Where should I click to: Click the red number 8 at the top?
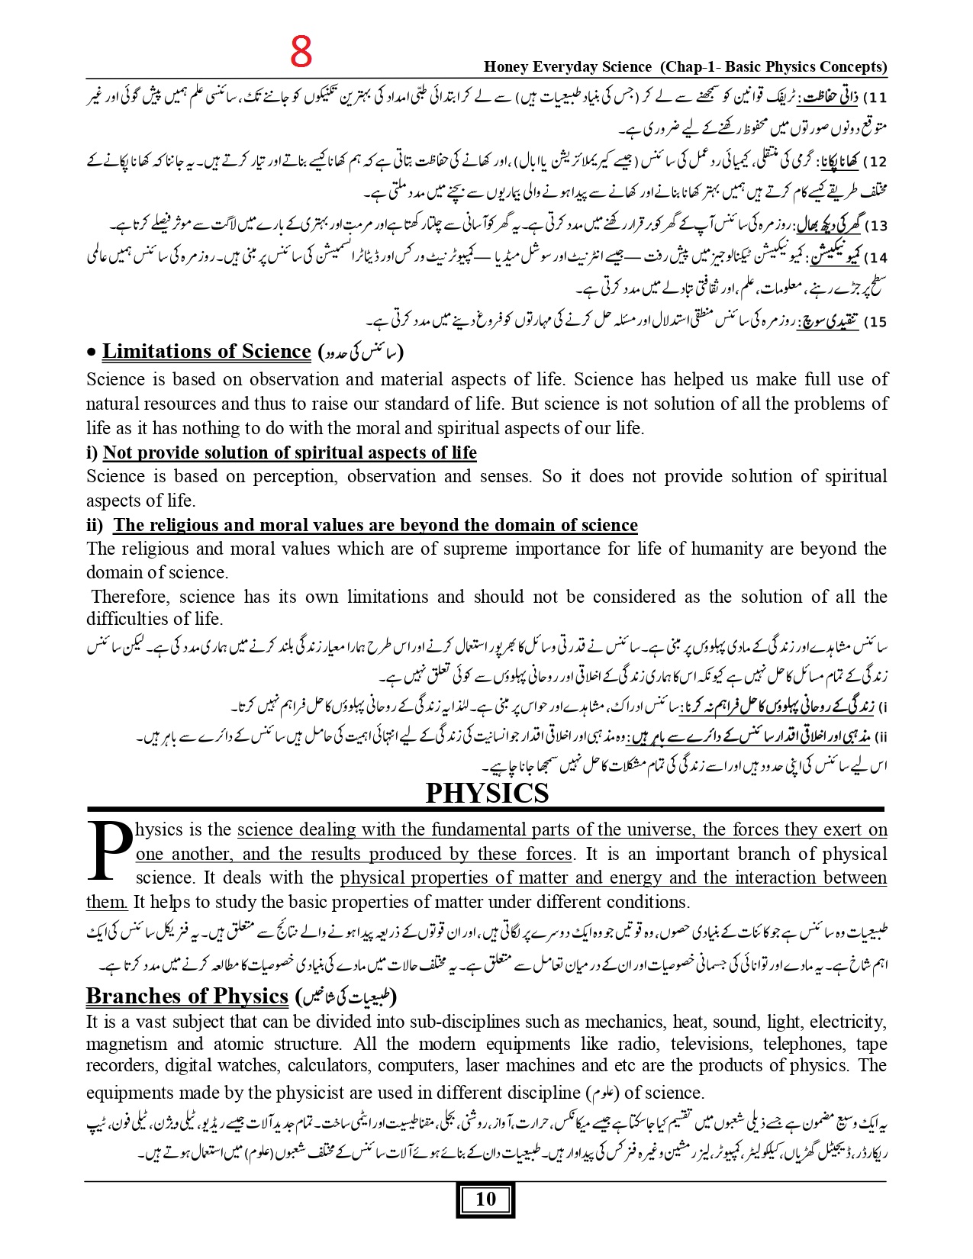click(301, 53)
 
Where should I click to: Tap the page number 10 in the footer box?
click(485, 1199)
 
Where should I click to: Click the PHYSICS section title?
click(487, 794)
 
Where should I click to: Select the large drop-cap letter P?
click(109, 849)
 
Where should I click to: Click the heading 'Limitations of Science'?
click(206, 352)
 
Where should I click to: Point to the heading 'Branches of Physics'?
click(187, 997)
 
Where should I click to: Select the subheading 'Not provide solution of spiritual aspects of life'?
click(289, 452)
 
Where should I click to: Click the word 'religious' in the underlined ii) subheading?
click(183, 525)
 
